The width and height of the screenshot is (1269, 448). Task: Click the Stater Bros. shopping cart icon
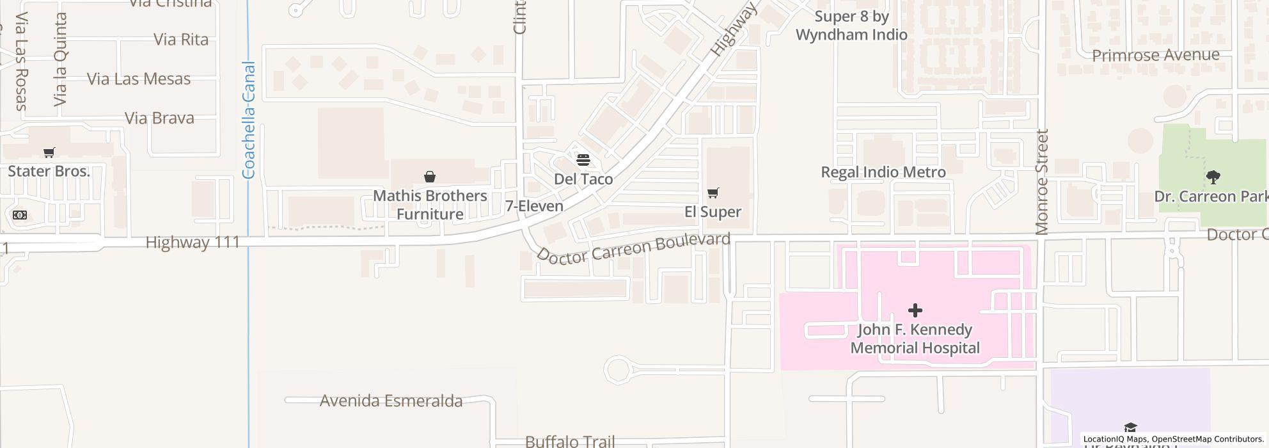49,152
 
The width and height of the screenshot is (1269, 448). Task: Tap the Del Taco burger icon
583,159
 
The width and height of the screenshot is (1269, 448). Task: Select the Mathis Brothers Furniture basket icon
430,177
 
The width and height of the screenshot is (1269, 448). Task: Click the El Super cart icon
713,193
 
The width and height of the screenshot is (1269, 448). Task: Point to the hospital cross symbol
915,310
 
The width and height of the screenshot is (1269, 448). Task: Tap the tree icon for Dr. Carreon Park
1212,177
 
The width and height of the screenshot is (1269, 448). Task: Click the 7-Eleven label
534,206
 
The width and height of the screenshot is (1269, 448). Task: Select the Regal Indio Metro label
883,172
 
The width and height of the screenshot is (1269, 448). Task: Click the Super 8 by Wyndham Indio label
851,26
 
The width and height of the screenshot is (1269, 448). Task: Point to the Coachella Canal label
249,120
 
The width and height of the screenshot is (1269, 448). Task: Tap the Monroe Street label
1042,182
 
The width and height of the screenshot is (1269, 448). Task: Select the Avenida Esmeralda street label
391,401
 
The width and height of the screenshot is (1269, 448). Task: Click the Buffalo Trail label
569,442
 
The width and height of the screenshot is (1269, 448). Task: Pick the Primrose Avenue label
1155,55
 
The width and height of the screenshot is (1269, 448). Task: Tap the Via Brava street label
159,118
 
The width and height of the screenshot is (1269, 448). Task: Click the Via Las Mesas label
138,79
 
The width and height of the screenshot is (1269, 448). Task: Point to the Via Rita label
181,40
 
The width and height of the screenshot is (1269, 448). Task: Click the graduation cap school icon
1130,428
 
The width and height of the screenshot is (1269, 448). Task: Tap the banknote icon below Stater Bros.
20,215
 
